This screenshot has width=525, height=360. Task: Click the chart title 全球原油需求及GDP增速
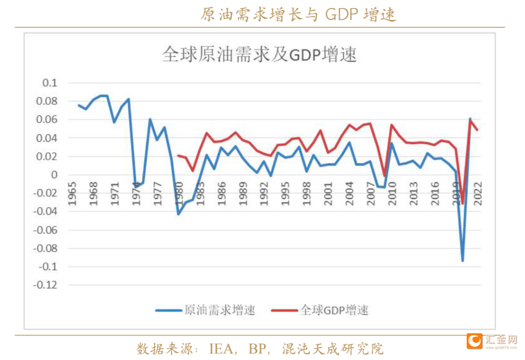[260, 54]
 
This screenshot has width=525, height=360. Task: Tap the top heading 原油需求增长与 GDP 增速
[298, 15]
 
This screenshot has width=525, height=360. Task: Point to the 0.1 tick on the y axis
[50, 83]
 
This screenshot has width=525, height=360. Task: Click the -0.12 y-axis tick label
[45, 285]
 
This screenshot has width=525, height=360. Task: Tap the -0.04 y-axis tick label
[45, 212]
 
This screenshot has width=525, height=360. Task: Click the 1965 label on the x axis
[72, 194]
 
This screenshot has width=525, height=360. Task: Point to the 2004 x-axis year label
[350, 194]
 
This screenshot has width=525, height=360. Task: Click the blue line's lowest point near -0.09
[463, 261]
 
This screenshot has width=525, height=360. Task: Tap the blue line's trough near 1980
[178, 214]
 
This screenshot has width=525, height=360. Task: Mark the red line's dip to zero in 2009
[385, 176]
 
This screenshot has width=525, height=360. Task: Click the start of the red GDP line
[178, 156]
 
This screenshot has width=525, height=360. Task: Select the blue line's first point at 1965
[79, 105]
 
